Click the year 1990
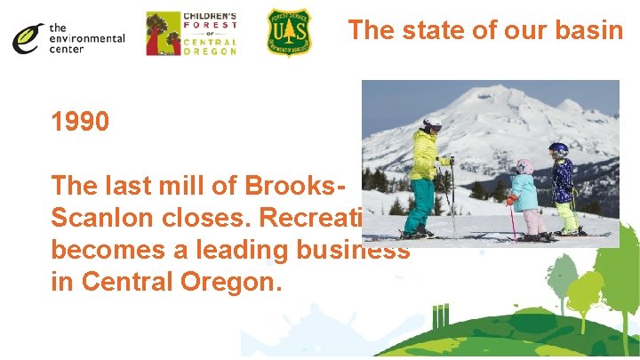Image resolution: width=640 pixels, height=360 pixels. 81,122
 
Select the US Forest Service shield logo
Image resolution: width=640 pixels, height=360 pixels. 289,33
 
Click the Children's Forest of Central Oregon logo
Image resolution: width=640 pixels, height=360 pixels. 191,34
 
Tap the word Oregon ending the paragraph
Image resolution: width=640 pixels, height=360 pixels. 230,283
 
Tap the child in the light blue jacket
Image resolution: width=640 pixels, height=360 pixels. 524,191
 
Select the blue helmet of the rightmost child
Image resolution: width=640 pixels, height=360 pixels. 558,148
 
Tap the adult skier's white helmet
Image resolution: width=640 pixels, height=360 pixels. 432,124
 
